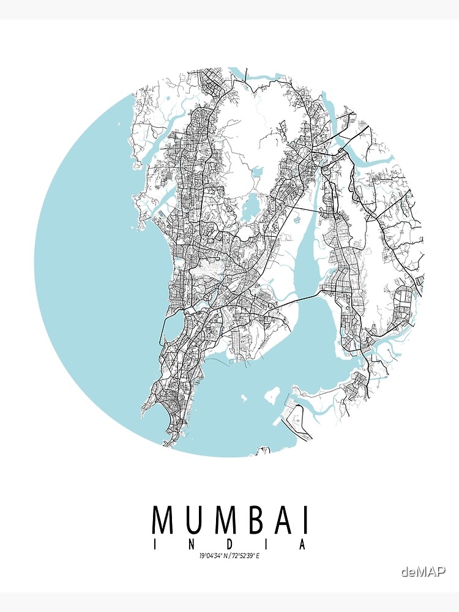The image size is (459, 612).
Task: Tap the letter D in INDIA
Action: coord(229,545)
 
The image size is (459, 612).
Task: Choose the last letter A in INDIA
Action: coord(302,545)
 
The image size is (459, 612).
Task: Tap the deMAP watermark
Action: coord(423,572)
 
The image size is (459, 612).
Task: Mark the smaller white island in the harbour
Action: coord(244,398)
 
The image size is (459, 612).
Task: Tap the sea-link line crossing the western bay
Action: coord(163,324)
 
